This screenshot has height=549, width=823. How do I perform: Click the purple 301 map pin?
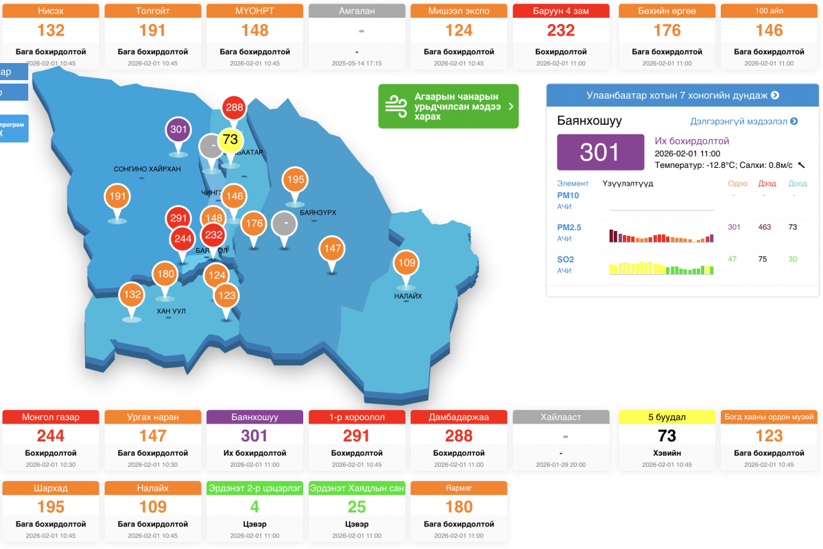pos(178,129)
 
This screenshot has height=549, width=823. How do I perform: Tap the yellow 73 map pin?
pos(230,140)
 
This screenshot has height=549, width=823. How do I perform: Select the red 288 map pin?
pos(235,108)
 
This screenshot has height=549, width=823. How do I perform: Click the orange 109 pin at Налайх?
pos(407,263)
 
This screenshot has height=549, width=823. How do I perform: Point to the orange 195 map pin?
pos(296,180)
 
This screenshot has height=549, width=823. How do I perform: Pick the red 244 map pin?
pos(182,239)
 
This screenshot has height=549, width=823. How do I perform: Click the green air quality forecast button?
pos(449,106)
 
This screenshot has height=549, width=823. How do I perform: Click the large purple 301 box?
pos(600,152)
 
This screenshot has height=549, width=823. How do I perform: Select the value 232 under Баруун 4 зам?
pos(561,30)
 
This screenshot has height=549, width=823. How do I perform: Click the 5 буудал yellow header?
pos(667,417)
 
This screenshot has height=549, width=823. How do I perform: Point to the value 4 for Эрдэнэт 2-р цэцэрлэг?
pos(254,507)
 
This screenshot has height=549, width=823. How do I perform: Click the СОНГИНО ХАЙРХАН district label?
pos(147,169)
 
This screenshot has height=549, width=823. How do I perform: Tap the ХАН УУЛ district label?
pos(171,311)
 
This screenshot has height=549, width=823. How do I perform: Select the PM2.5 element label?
pos(569,227)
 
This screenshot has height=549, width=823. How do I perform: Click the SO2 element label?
pos(566,259)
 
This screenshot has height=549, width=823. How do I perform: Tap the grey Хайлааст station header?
pos(561,417)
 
